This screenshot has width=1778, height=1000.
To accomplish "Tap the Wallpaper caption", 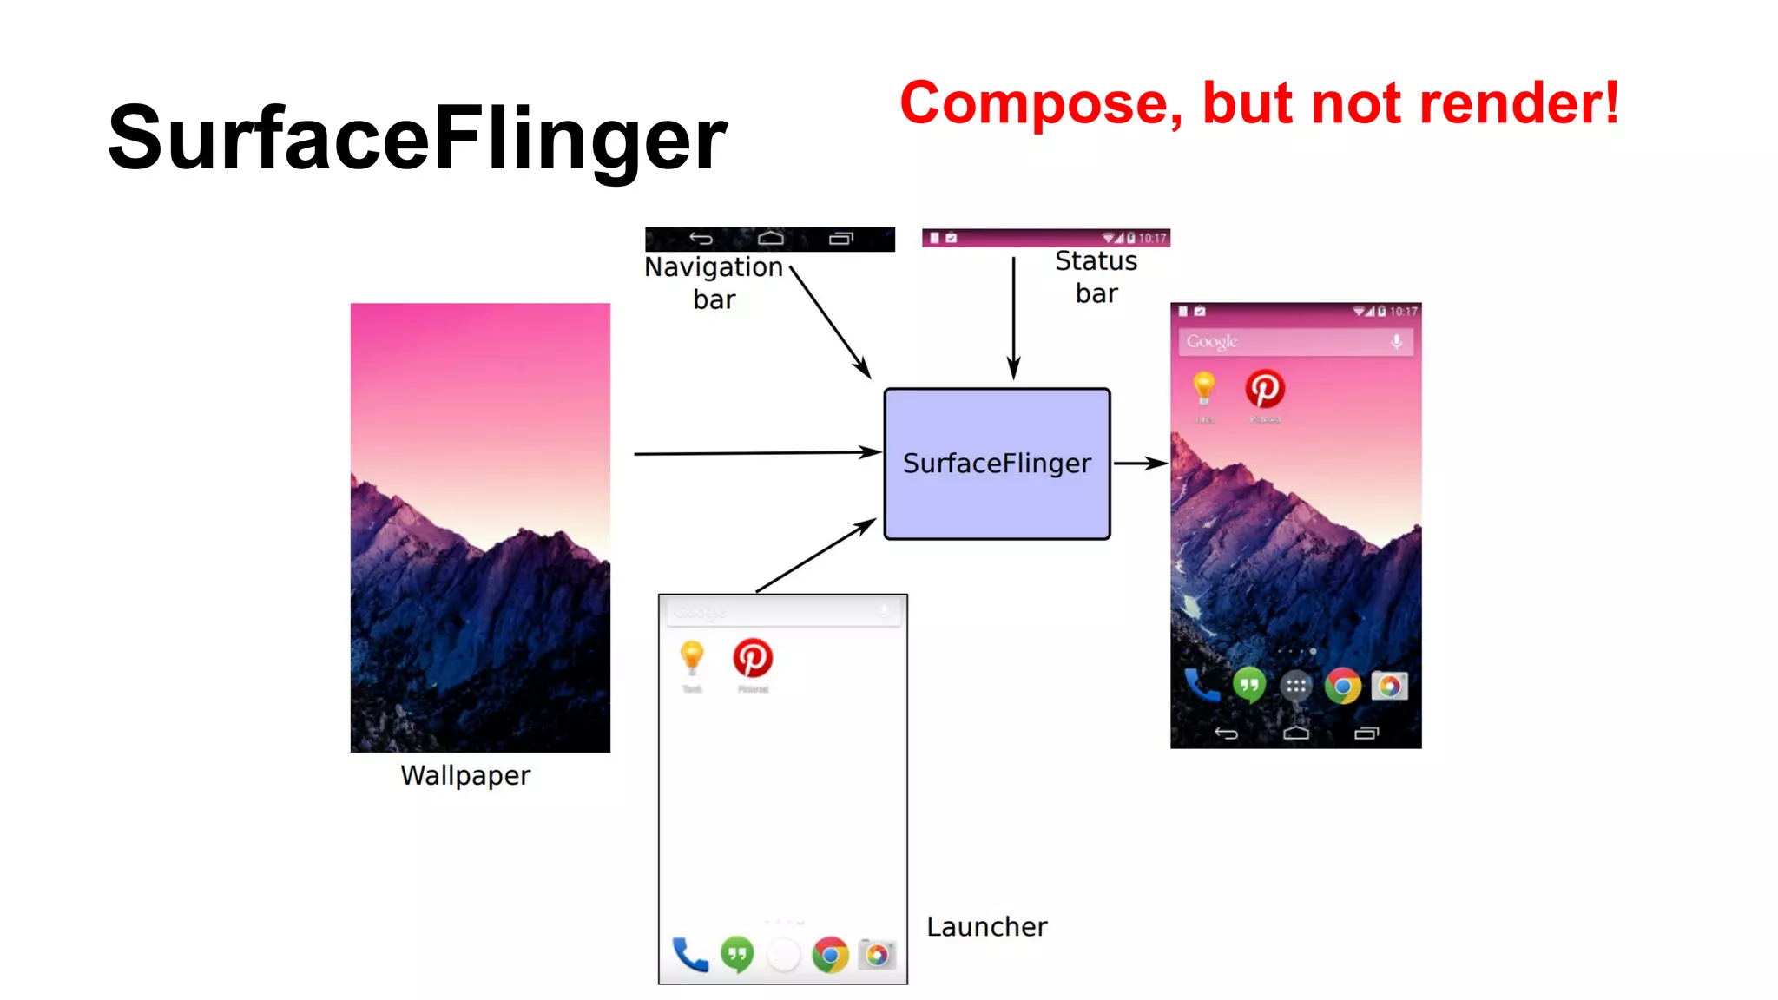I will tap(465, 775).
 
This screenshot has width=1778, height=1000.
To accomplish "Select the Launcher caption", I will tap(986, 927).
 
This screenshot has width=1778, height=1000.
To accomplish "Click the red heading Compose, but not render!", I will tap(1259, 103).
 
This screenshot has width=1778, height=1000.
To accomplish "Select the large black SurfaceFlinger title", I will tap(417, 138).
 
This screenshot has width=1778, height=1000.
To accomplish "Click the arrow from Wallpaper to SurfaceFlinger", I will tap(755, 453).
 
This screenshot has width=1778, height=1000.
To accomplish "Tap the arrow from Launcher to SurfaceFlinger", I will tap(816, 556).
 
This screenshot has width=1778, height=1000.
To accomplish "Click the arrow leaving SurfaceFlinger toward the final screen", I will tap(1140, 464).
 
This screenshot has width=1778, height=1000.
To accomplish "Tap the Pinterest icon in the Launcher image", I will tap(753, 658).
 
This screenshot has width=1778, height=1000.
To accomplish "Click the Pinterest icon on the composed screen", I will tap(1265, 389).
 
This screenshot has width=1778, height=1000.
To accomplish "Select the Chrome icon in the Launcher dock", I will tap(831, 955).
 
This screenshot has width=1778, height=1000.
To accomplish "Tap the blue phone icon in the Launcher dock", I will tap(690, 955).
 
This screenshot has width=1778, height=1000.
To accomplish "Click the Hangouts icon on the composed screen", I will tap(1249, 686).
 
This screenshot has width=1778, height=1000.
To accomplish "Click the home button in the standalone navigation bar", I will tap(770, 239).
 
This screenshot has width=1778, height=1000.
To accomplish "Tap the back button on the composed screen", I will tap(1226, 734).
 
